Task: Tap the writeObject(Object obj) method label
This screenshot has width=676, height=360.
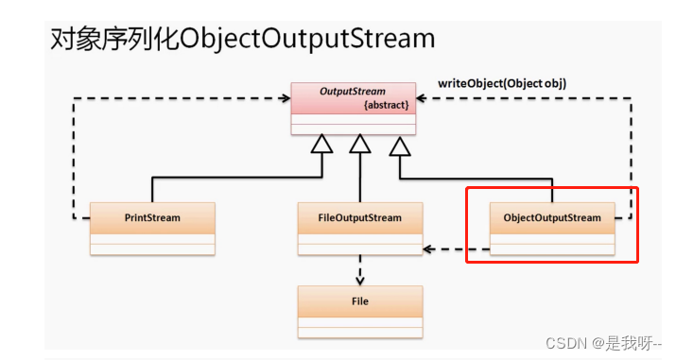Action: [x=502, y=83]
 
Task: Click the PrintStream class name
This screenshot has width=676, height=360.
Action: [x=152, y=217]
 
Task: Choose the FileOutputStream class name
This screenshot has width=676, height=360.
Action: [x=359, y=217]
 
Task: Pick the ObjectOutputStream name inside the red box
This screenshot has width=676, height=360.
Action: [x=551, y=217]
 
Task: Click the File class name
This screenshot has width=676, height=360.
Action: [x=359, y=301]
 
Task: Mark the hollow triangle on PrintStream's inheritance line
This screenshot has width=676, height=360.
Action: [x=322, y=145]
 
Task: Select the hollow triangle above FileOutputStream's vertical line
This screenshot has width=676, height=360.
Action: [x=359, y=145]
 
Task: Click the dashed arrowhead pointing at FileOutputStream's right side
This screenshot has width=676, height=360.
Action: [x=428, y=249]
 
